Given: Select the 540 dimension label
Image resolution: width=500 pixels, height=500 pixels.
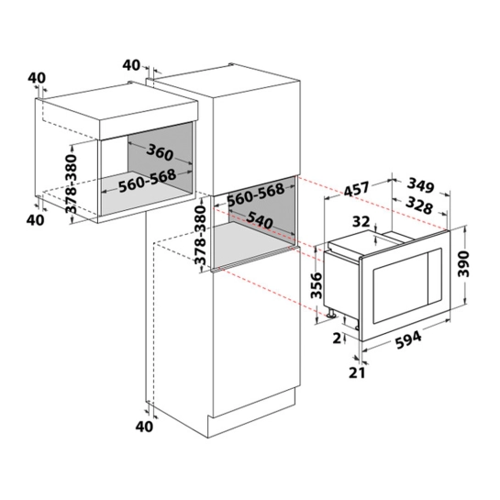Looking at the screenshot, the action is coord(260,219).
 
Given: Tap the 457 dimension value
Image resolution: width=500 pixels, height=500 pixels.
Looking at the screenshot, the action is coord(356,190).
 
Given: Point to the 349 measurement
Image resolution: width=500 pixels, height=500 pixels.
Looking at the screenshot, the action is coord(421,185).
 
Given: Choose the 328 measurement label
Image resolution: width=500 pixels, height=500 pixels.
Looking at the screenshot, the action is coord(419,206).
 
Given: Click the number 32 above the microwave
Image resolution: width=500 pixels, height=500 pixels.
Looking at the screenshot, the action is coord(361,222).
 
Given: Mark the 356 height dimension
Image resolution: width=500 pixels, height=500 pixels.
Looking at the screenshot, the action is coord(317,285).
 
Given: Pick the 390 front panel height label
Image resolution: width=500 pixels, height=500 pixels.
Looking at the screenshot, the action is coord(463,264).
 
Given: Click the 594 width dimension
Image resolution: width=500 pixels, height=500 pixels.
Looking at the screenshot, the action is coord(408,340).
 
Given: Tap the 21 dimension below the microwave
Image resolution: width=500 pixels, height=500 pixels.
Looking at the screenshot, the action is coord(357,372).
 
